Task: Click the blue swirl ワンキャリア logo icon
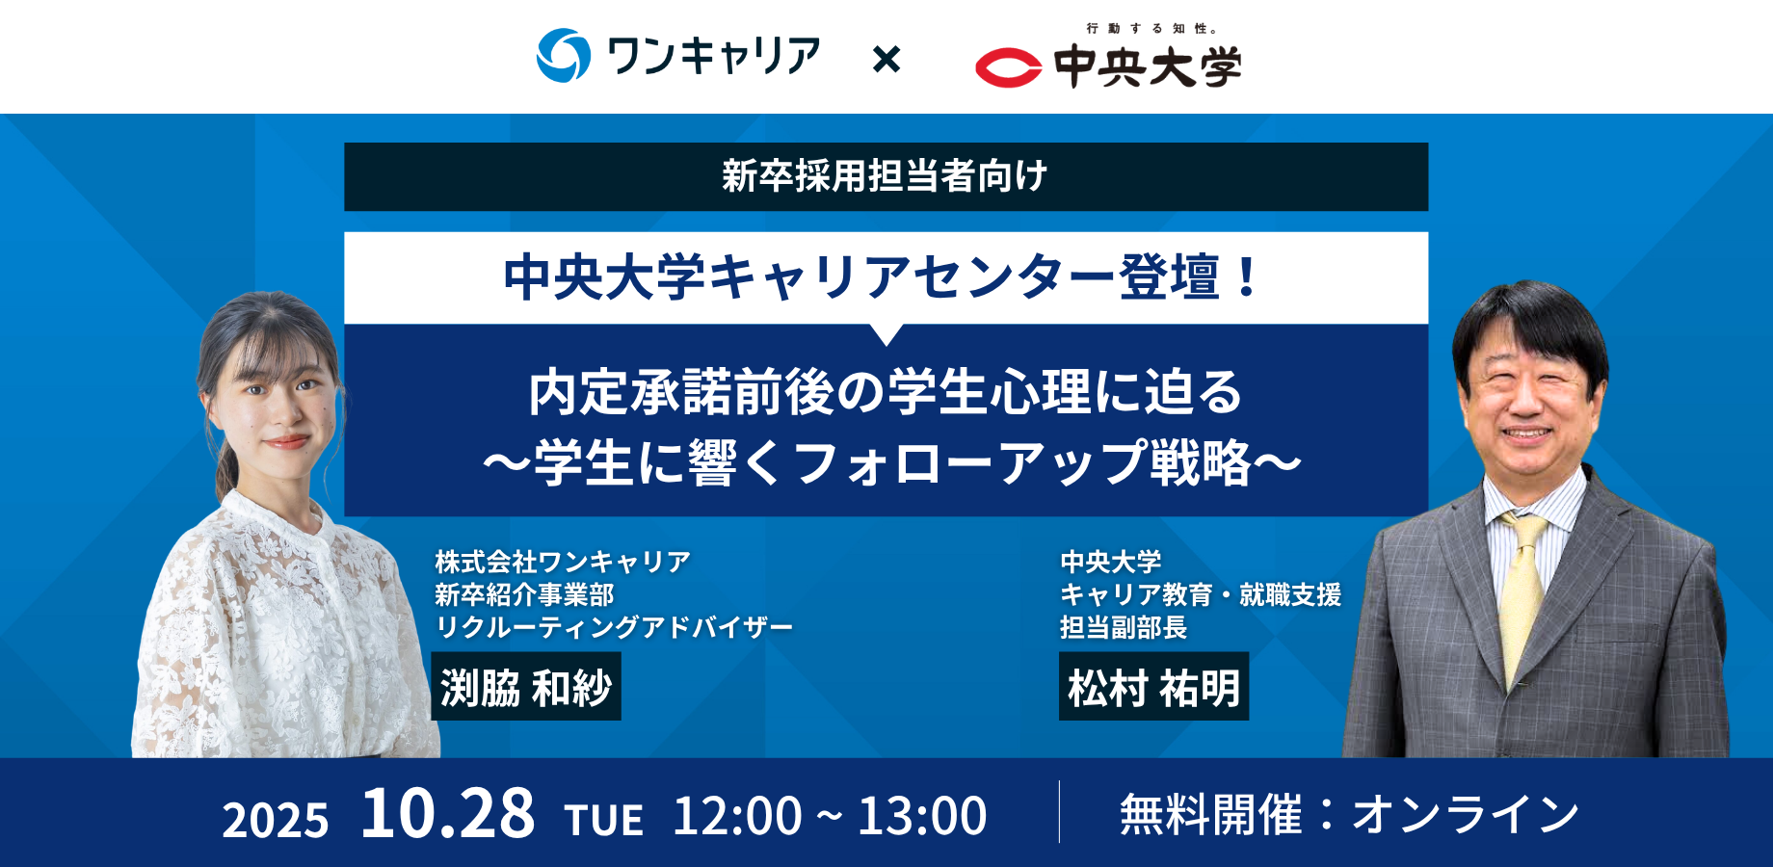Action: point(563,56)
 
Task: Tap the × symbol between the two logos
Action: point(886,60)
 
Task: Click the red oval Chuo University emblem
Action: point(1008,67)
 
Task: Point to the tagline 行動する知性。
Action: point(1151,29)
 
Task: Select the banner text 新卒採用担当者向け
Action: point(885,176)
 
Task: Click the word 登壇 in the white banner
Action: point(1169,277)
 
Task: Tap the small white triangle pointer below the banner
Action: point(886,333)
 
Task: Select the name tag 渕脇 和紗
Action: point(526,687)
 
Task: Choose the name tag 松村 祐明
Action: point(1153,687)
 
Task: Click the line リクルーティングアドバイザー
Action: point(614,628)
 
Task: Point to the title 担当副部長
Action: point(1124,628)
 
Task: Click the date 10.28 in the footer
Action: point(447,814)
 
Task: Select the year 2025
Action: point(276,820)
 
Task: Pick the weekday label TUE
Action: point(604,820)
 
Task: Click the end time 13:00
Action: point(922,816)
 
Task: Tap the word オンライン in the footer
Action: point(1465,815)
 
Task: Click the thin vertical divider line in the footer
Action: point(1059,812)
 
